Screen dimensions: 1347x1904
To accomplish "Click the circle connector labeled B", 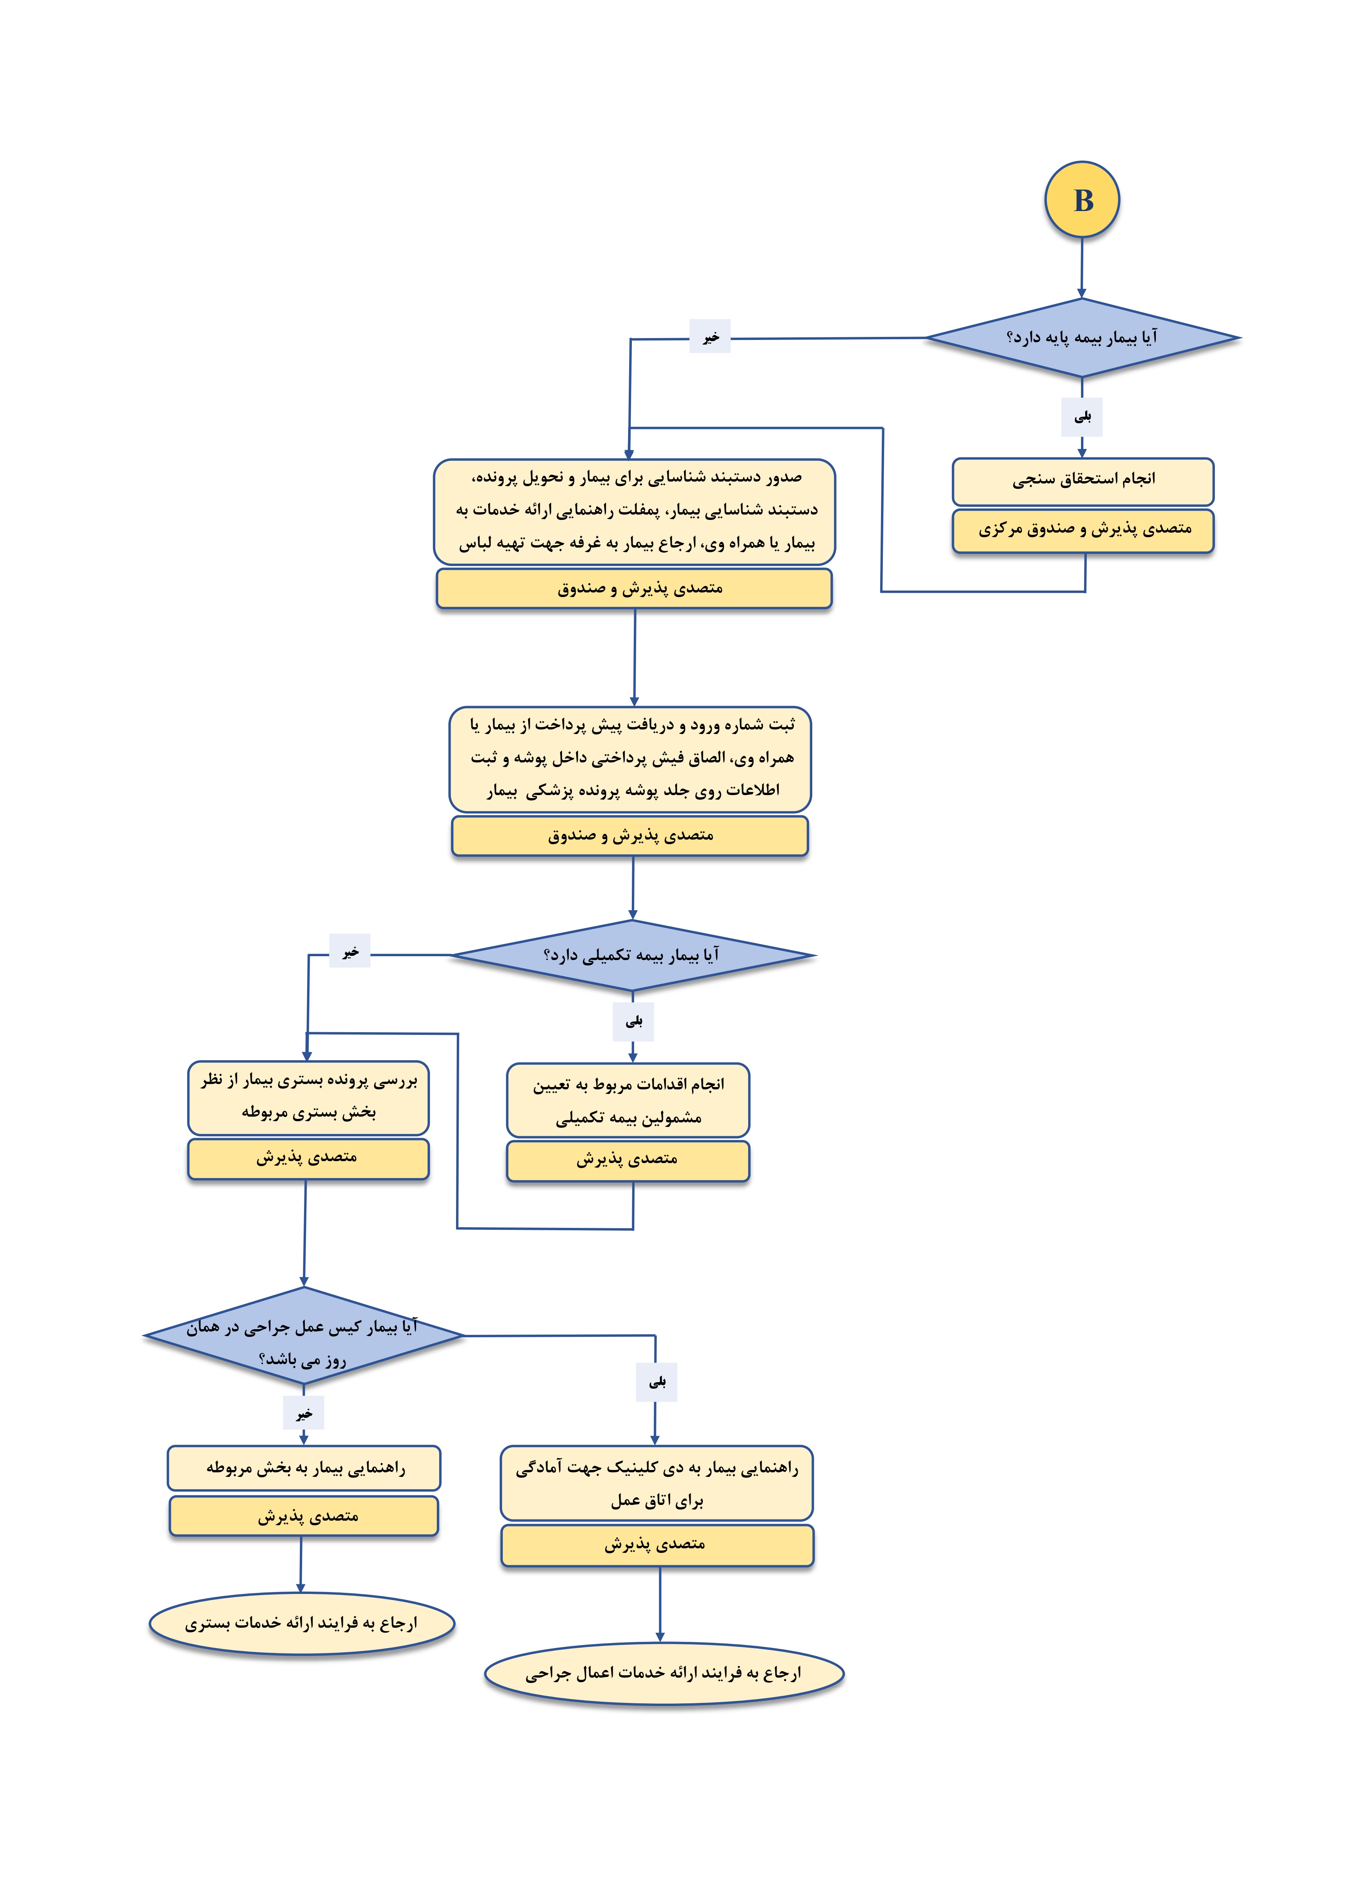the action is pyautogui.click(x=1082, y=200).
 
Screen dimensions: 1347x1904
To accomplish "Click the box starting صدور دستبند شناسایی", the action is pyautogui.click(x=635, y=511).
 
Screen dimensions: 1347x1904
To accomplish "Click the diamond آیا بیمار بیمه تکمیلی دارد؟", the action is pyautogui.click(x=633, y=955).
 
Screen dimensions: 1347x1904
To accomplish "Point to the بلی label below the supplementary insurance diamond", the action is pyautogui.click(x=634, y=1022).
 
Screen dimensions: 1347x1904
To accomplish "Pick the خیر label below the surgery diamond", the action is pyautogui.click(x=304, y=1413).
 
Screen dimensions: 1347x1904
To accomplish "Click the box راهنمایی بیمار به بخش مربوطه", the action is pyautogui.click(x=304, y=1468).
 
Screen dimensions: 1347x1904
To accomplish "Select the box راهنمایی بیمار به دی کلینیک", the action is pyautogui.click(x=657, y=1483).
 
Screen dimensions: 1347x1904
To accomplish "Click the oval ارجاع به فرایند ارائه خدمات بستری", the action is pyautogui.click(x=302, y=1623).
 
